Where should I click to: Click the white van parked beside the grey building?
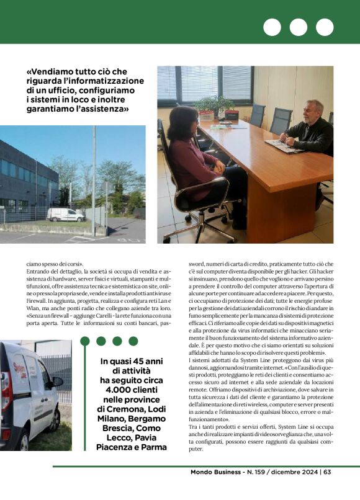[x=66, y=214]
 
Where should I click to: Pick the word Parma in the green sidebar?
[x=153, y=447]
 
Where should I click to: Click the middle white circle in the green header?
[x=299, y=27]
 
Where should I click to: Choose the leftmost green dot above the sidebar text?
[x=84, y=341]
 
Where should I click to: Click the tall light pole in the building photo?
[x=94, y=181]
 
